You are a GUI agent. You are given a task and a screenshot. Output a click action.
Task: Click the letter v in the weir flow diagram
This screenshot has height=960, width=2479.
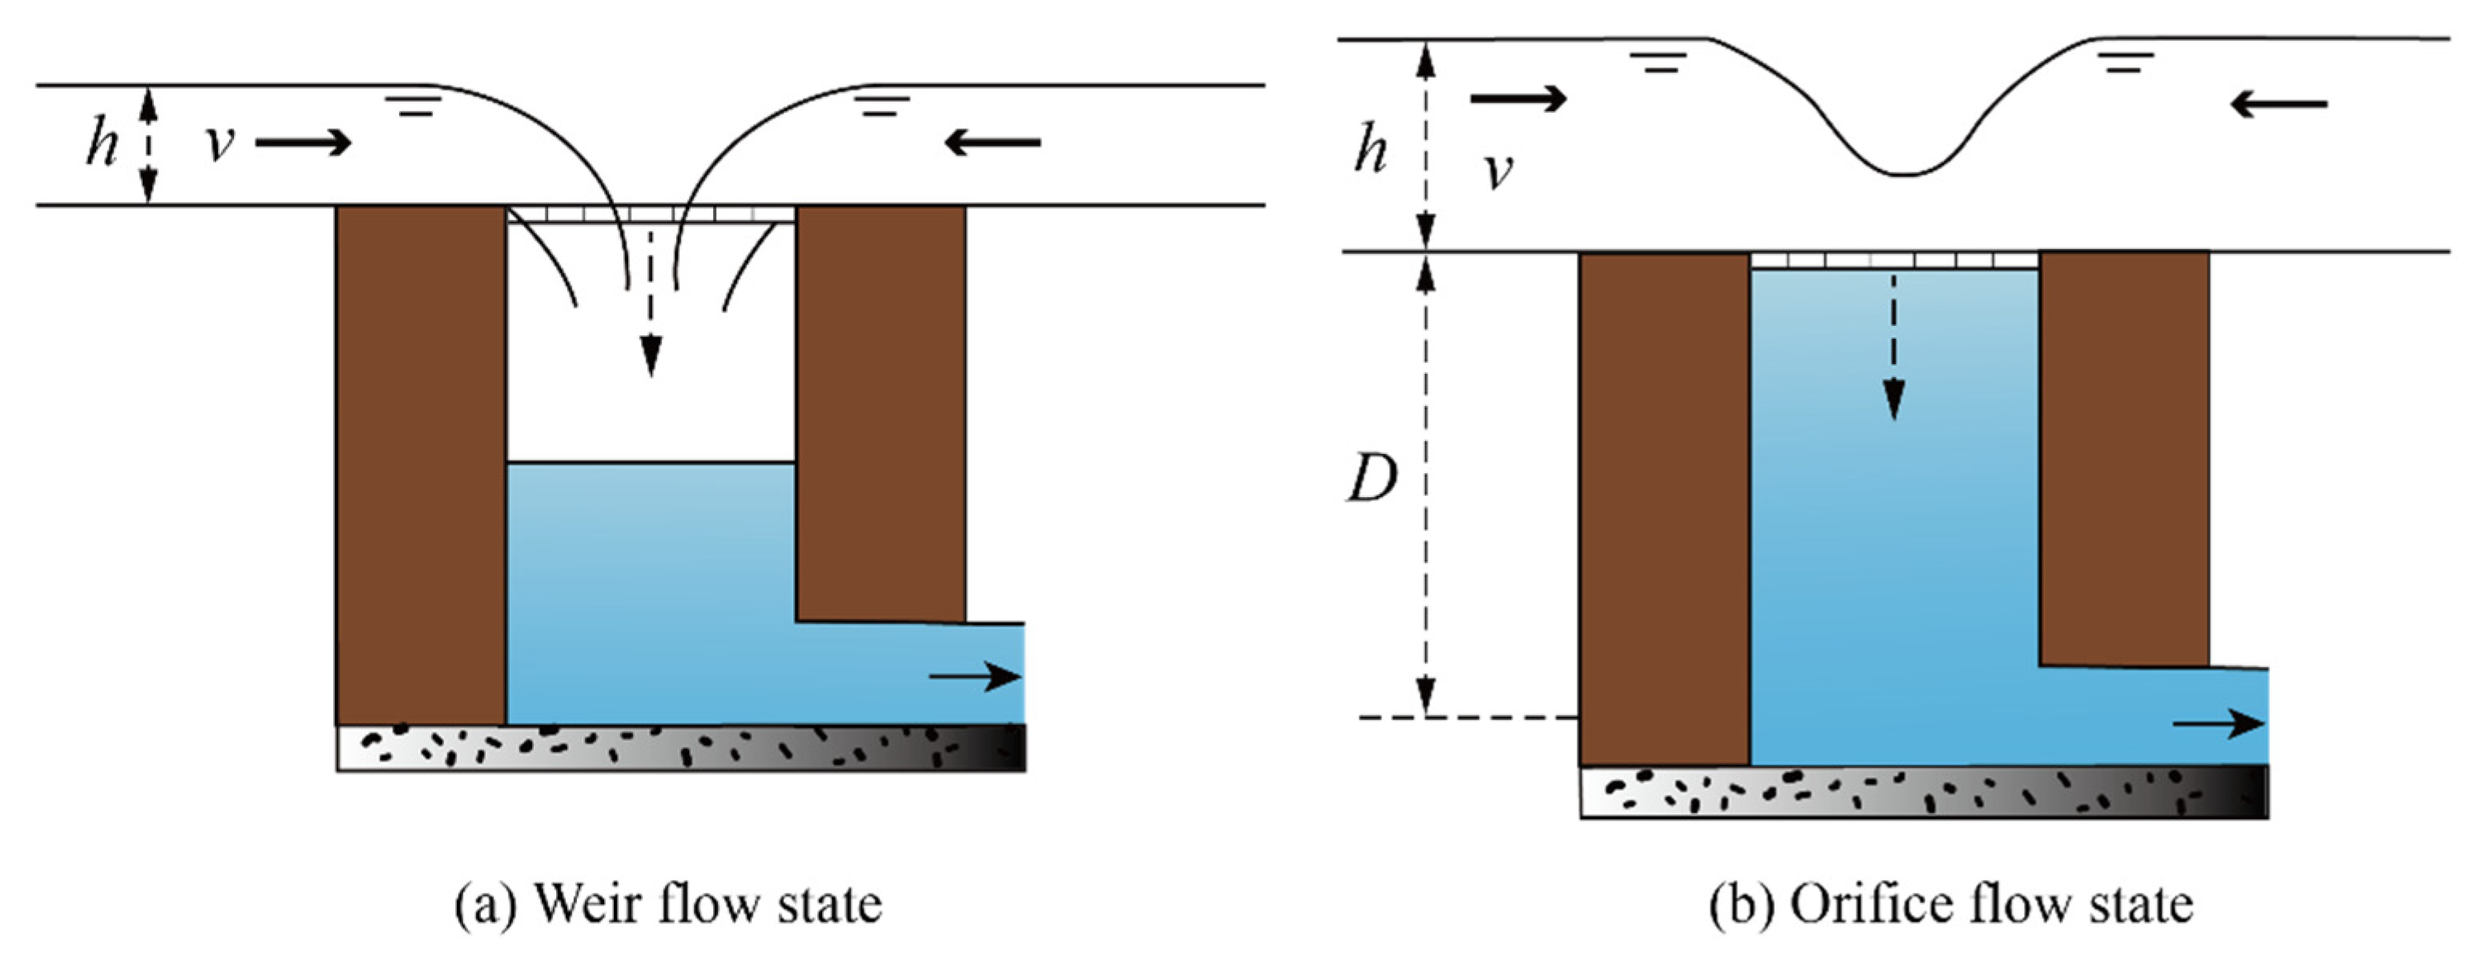pos(220,144)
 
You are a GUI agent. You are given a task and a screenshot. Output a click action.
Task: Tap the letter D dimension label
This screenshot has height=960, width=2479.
pos(1370,479)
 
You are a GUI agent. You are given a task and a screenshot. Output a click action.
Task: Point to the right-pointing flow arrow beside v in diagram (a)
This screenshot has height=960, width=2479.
pos(303,143)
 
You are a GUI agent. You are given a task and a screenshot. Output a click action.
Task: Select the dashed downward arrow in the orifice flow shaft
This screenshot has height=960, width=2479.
pos(1894,347)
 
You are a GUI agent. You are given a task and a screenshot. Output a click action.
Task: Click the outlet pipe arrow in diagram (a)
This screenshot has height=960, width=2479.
pos(974,677)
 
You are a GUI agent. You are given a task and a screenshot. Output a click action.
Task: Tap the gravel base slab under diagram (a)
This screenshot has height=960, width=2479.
pos(680,747)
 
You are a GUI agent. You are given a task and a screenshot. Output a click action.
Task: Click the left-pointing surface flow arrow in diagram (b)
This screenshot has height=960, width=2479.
pos(2279,103)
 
